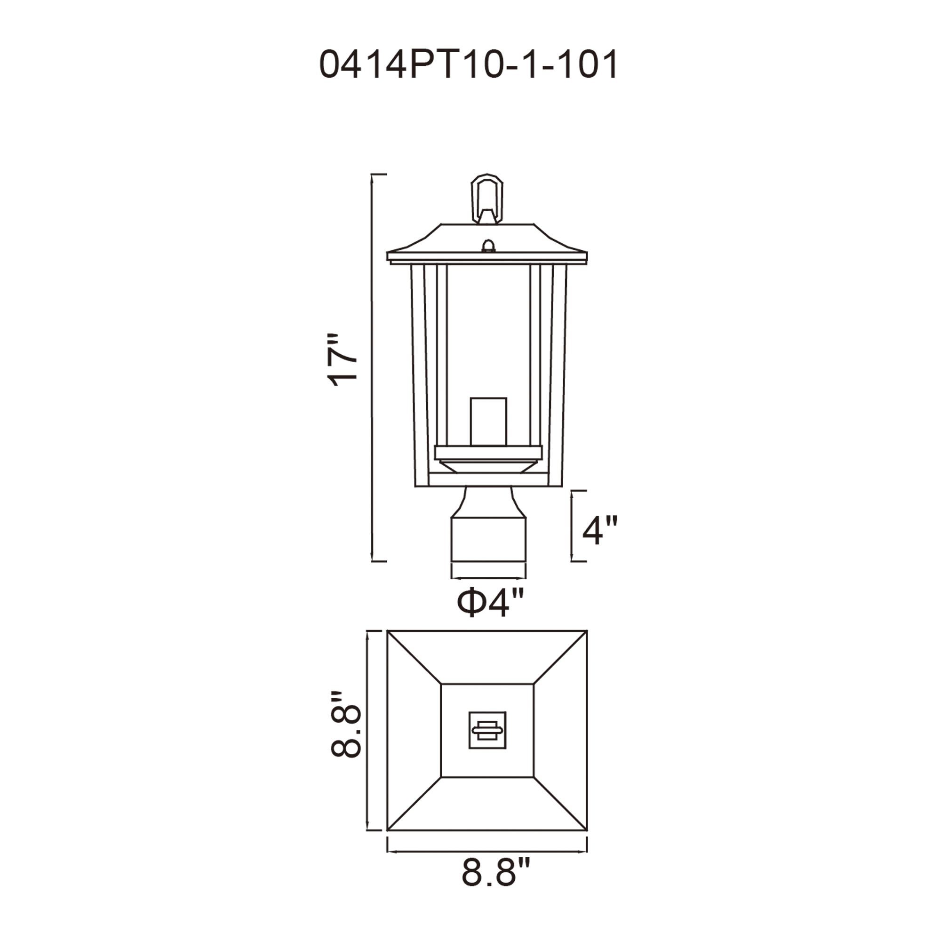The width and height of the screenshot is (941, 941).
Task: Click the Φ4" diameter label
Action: click(x=490, y=604)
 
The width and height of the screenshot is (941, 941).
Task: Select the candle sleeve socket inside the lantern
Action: click(x=488, y=422)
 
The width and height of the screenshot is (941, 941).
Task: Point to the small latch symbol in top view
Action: click(x=487, y=730)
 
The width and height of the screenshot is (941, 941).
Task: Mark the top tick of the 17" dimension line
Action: click(x=379, y=174)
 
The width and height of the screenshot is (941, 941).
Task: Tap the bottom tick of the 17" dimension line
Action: click(x=379, y=561)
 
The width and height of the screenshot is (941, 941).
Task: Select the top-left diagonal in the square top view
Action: click(x=414, y=658)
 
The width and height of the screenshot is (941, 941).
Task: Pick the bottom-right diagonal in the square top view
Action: click(x=560, y=804)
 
